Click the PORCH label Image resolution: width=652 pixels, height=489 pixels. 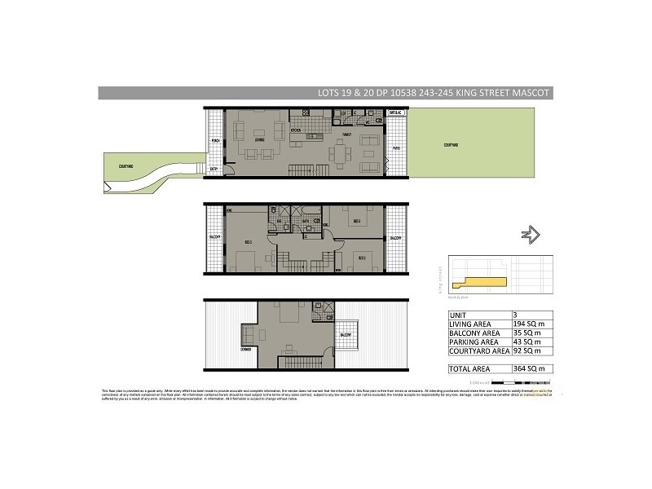click(216, 140)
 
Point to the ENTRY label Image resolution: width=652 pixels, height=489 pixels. click(214, 170)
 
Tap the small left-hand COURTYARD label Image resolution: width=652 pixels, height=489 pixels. click(125, 166)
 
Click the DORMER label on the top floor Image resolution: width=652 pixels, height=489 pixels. click(245, 348)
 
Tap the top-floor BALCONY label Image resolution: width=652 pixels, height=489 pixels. click(345, 334)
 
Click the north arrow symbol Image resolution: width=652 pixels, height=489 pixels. click(531, 236)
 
